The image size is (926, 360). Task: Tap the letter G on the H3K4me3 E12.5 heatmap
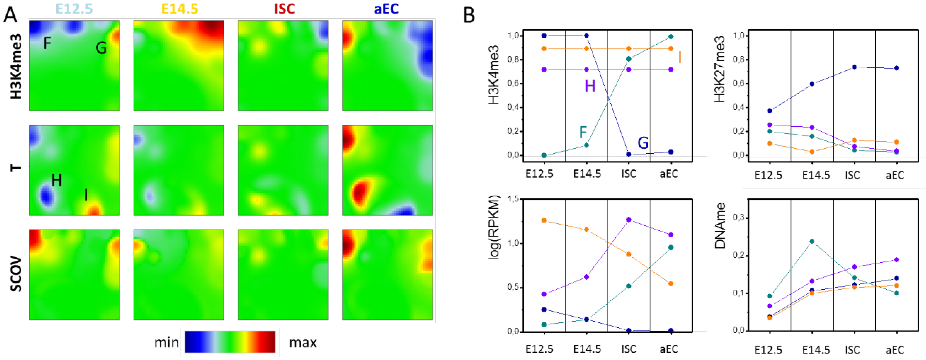click(101, 48)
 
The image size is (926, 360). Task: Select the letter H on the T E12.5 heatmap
click(57, 180)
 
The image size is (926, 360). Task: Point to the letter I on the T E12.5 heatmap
click(86, 194)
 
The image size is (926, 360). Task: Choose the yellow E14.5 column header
click(179, 9)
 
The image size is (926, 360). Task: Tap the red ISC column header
click(284, 9)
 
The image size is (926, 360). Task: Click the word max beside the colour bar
click(303, 342)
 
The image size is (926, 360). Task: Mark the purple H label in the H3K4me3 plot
click(590, 86)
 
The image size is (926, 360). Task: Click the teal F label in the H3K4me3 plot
click(583, 132)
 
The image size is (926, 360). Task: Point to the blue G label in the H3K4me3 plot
click(643, 143)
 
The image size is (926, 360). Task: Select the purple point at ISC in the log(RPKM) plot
click(628, 219)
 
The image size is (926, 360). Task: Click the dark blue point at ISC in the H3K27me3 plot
click(854, 67)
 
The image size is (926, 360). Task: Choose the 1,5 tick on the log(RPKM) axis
click(513, 199)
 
